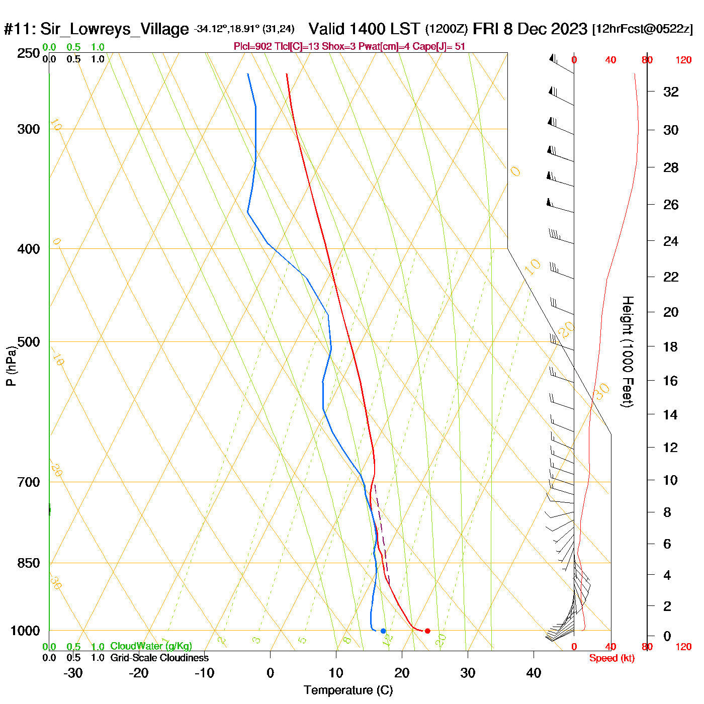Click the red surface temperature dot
pos(427,631)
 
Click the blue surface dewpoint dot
pos(383,631)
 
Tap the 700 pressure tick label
pos(29,482)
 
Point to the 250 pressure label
pos(29,53)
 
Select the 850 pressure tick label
pos(29,563)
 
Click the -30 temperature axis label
pos(73,673)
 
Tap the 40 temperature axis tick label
pos(534,673)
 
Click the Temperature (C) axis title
pos(348,690)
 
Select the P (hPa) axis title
pos(11,366)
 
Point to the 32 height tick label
pos(671,92)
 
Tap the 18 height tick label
pos(670,346)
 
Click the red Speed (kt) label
pos(612,658)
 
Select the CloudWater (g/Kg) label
pos(151,646)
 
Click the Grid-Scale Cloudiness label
pos(159,658)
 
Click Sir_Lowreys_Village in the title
pos(114,29)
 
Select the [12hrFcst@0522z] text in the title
pos(643,29)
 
